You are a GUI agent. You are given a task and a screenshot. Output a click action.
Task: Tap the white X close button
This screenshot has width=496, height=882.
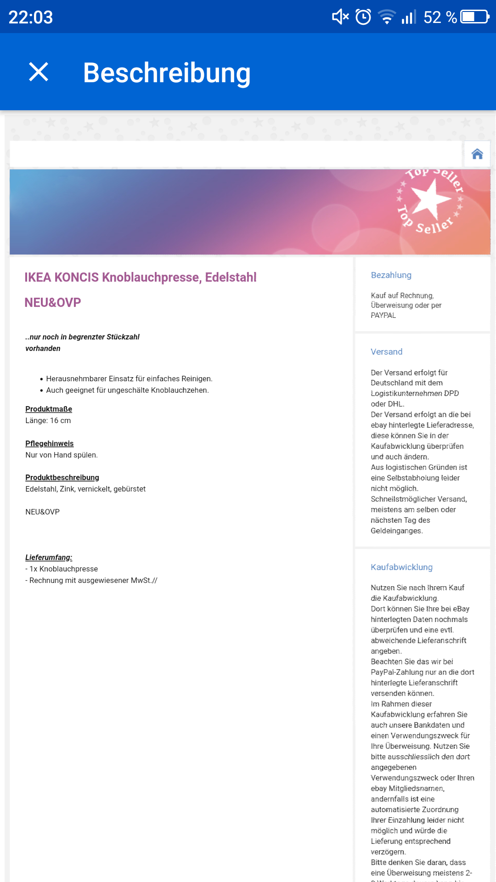39,72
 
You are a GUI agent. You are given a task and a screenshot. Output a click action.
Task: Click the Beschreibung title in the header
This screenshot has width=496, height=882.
167,73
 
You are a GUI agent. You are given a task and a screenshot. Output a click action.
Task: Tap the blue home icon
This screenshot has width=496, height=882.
477,154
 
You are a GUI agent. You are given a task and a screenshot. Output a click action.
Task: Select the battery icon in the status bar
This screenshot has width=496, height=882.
475,17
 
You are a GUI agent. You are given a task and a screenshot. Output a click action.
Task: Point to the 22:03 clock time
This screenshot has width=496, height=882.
31,17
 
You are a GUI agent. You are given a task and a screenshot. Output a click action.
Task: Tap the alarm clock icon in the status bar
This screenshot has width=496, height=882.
363,17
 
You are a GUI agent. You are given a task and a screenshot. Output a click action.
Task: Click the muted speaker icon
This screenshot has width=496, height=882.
340,17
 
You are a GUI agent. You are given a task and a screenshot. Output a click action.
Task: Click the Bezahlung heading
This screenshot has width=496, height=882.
391,275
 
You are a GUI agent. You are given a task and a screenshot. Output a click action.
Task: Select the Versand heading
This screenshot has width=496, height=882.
387,352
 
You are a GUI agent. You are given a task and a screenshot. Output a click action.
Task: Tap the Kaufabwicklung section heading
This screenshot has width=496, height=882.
402,567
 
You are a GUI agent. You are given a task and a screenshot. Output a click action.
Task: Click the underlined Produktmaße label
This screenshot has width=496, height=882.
49,409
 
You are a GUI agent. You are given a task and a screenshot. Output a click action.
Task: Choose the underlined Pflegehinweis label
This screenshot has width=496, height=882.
50,444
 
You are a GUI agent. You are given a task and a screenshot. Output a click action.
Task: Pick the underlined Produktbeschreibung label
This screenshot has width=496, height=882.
62,478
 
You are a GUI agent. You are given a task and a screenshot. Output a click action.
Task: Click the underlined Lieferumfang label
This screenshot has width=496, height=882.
49,558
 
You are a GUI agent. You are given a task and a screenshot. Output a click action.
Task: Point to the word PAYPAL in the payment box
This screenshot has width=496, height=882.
383,316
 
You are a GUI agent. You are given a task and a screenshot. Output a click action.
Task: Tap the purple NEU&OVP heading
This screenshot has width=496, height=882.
53,303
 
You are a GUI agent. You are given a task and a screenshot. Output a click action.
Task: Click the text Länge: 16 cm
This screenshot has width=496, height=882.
48,421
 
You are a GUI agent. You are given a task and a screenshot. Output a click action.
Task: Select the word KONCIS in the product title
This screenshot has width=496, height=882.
77,277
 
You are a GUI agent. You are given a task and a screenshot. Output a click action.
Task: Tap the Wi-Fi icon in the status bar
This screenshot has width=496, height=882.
387,17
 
